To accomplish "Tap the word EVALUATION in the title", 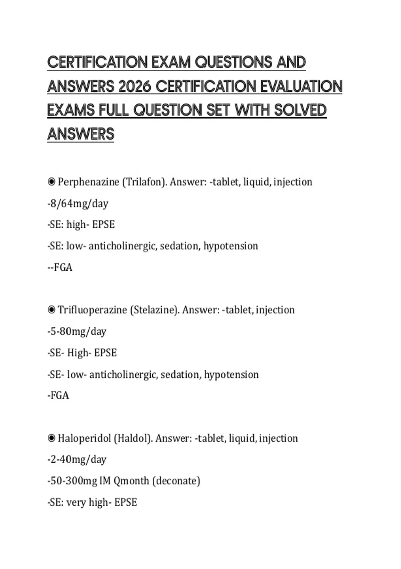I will click(x=301, y=86).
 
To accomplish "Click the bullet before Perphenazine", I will click(x=51, y=182).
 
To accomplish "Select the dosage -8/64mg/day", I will click(x=78, y=203).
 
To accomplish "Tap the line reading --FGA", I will click(x=60, y=267).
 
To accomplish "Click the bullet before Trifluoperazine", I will click(x=51, y=310).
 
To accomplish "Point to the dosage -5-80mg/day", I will click(x=77, y=331).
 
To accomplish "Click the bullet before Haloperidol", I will click(x=51, y=438).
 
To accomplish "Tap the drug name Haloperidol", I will click(x=84, y=438).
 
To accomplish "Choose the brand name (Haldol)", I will click(x=133, y=438).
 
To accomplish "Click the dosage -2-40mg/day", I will click(x=77, y=459).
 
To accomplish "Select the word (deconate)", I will click(x=176, y=481).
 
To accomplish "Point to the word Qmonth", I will click(x=131, y=481).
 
